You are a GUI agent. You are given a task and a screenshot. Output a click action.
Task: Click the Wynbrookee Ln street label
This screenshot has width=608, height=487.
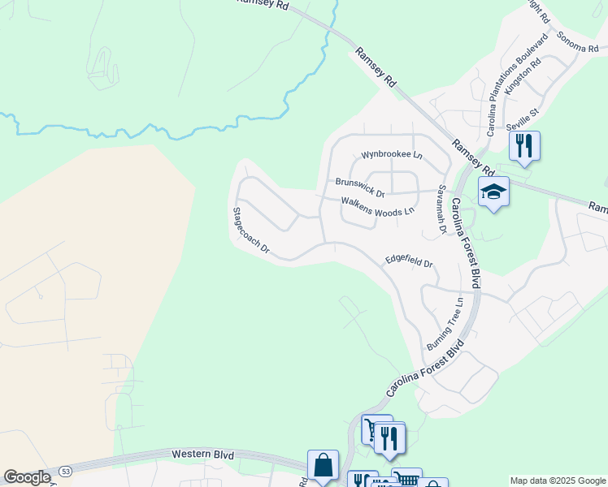point(392,154)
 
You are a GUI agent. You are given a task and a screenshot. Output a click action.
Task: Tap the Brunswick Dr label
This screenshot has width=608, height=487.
point(359,187)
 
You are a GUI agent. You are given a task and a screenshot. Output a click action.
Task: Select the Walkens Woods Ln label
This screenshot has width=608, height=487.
point(377,206)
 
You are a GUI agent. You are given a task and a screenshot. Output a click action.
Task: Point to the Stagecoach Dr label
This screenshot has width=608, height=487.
point(250,231)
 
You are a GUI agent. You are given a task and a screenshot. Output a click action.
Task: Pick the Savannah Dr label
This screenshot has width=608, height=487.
point(442,209)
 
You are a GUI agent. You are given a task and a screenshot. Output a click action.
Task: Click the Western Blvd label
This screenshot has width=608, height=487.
point(203,455)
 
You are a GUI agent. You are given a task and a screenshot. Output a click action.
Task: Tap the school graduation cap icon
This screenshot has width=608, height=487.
point(493,192)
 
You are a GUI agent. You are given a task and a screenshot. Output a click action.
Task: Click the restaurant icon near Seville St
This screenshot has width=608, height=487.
point(524,145)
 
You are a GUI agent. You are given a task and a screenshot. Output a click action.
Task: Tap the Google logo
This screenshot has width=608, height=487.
point(27,478)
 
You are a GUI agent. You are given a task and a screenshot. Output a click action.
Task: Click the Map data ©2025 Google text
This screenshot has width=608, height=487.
point(557,481)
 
